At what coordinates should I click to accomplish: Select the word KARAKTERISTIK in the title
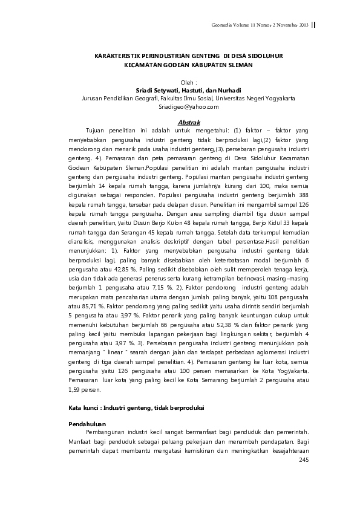119,55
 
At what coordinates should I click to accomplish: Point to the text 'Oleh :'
189,82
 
